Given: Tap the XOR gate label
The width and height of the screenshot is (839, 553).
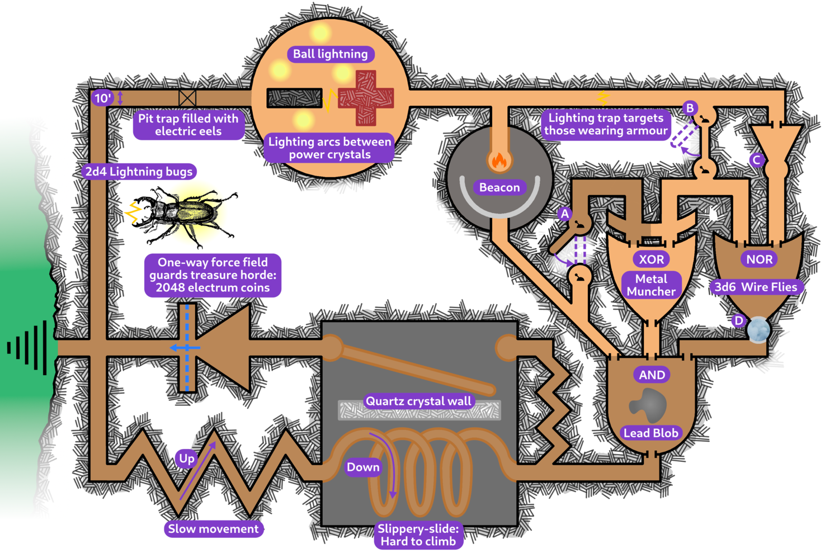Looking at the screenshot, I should (x=652, y=259).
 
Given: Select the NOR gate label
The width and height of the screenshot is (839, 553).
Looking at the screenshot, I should (x=759, y=259).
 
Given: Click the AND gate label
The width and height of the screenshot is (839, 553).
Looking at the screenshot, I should (x=652, y=375).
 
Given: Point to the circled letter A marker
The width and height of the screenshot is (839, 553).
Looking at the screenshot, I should (x=565, y=214).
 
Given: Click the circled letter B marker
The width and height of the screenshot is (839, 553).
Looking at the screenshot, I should (x=690, y=108).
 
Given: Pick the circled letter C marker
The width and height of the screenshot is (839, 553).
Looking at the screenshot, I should (x=756, y=160).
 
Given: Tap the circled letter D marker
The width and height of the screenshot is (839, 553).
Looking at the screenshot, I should (x=738, y=320).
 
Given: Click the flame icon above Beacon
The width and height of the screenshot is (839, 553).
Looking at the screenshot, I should (x=499, y=161).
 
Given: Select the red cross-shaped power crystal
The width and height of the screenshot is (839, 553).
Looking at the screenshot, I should (x=366, y=98).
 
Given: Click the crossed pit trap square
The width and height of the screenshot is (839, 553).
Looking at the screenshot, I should (x=187, y=98).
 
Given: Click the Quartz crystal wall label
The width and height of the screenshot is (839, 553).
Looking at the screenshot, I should (x=418, y=401).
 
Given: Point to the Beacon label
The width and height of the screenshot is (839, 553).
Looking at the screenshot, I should (x=499, y=187).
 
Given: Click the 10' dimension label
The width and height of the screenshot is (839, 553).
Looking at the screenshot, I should (x=102, y=98).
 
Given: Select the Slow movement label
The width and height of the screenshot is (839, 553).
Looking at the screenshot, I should (x=213, y=529).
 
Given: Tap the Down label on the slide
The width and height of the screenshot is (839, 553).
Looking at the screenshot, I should (x=363, y=467).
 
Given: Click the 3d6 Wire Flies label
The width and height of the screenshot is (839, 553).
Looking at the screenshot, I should (x=756, y=287).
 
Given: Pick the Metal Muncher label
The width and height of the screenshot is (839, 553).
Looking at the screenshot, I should (x=651, y=285).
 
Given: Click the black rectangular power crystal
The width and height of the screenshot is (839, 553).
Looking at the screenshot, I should (x=294, y=98).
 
